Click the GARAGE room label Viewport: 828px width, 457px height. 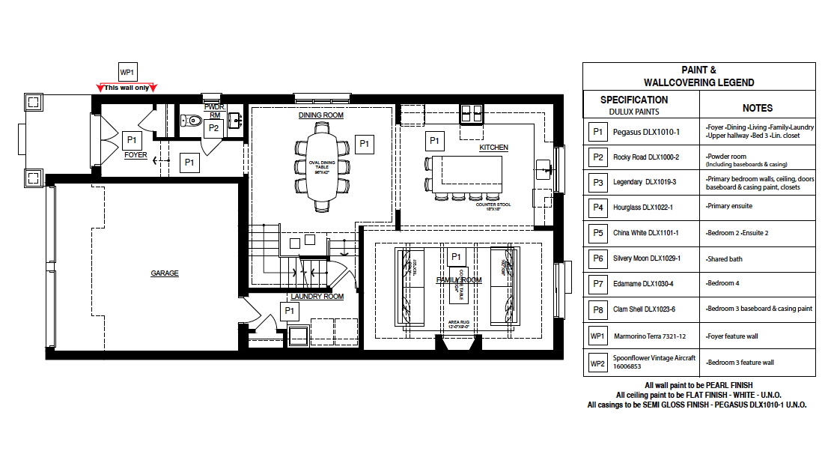165,273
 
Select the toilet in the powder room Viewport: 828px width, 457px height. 191,119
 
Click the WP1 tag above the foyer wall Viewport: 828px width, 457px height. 127,73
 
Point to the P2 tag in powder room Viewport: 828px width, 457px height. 213,128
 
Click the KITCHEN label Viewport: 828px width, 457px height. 493,148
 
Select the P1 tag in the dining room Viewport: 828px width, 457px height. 365,143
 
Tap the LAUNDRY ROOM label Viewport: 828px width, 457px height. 317,297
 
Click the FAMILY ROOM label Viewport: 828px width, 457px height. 459,280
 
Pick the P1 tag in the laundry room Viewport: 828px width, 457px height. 289,310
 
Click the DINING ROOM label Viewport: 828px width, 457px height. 320,115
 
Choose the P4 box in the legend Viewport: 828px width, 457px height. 597,208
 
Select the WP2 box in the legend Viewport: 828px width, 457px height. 597,363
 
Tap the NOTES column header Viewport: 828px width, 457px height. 757,108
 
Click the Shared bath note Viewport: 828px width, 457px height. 727,259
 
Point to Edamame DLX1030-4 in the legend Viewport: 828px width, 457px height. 645,284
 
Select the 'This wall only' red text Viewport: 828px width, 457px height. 127,88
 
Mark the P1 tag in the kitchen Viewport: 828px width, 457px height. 433,140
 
